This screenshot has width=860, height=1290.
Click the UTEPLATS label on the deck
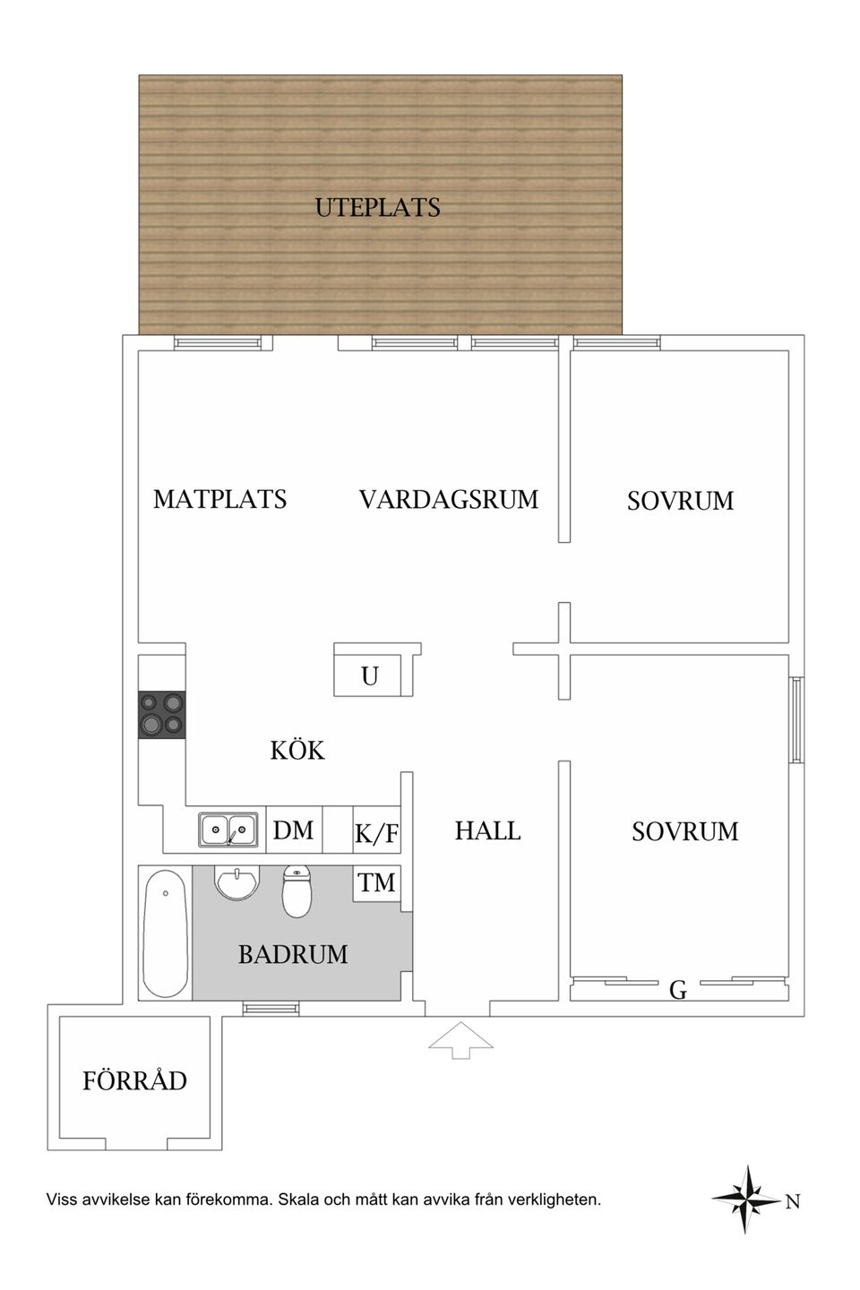coord(377,208)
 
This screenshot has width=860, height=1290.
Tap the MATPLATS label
coord(219,499)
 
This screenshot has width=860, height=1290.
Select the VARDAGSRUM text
coord(449,499)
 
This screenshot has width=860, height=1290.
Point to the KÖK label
coord(297,750)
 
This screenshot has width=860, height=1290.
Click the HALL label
coord(487,830)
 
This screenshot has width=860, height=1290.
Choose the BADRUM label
coord(293,954)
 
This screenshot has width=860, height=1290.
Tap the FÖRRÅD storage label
coord(134,1081)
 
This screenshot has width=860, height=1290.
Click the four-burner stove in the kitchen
coord(161,715)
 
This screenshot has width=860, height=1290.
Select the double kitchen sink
coord(228,830)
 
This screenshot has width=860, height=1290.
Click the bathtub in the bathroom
coord(165,933)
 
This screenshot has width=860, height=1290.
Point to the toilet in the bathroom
coord(297,890)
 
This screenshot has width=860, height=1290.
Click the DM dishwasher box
coord(293,830)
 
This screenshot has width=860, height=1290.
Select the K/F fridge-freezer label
coord(376,834)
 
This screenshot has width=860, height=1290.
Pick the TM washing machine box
coord(376,883)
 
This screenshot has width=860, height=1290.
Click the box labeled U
coord(370,675)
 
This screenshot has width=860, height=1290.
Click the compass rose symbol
coord(746,1200)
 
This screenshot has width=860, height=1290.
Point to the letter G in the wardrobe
coord(678,990)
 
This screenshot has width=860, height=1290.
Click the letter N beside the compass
coord(792,1202)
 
